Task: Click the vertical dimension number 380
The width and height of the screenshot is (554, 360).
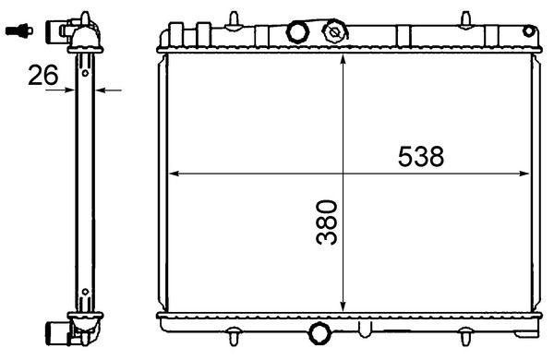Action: coord(326,222)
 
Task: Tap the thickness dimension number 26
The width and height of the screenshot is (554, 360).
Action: coord(42,76)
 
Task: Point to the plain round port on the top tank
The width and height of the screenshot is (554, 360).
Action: coord(297,32)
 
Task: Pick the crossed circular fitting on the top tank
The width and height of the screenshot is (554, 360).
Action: coord(332,32)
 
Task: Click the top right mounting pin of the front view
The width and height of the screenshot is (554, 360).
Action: coord(466,18)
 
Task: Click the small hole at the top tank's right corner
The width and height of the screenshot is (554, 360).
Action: coord(531,31)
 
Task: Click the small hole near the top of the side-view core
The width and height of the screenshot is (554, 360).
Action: coord(84,62)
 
